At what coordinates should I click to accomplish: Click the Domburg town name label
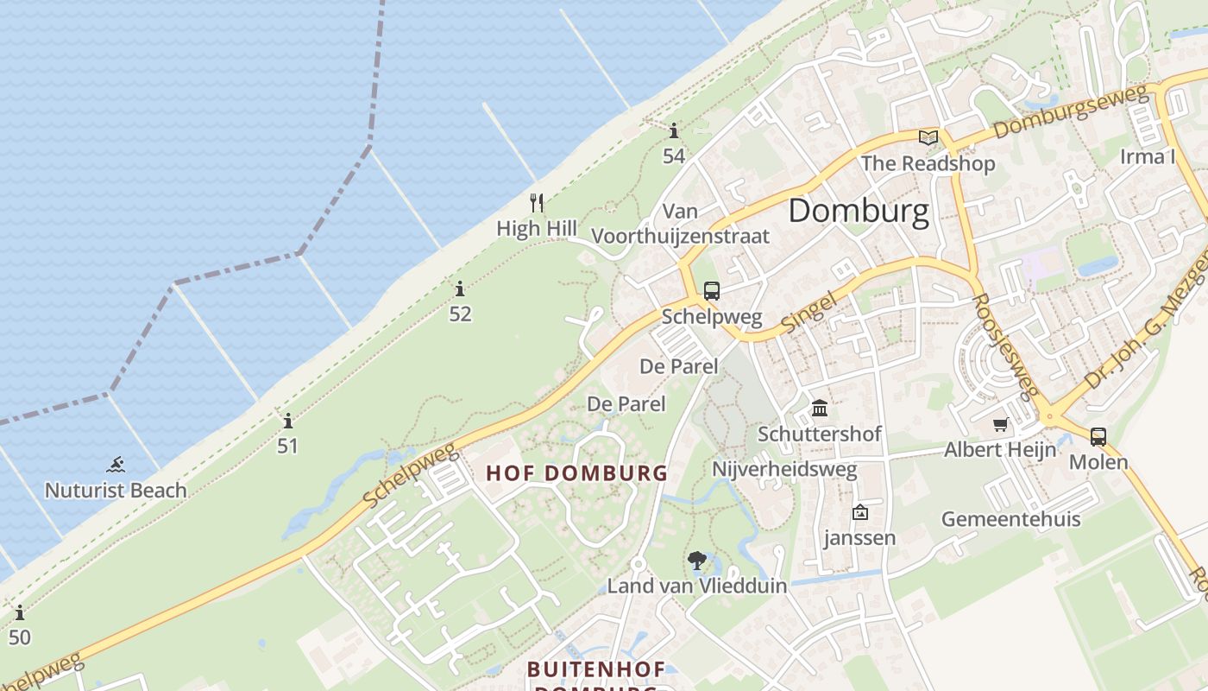(x=859, y=211)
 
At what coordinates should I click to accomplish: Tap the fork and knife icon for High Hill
(x=537, y=203)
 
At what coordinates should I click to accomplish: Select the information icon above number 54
(x=674, y=131)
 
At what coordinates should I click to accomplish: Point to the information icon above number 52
(x=460, y=288)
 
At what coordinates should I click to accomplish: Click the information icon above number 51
(x=288, y=422)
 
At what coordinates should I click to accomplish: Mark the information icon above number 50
(x=20, y=613)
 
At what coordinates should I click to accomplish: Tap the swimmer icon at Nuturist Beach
(x=116, y=466)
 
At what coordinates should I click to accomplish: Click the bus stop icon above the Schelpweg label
(x=711, y=291)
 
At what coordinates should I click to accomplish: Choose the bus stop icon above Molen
(x=1098, y=437)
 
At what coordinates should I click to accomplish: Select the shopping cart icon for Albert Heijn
(x=1000, y=425)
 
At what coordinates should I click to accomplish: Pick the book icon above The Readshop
(x=928, y=137)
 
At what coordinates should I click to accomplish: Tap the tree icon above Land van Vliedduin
(x=696, y=561)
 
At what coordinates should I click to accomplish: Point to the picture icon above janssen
(x=859, y=513)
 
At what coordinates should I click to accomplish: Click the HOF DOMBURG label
(x=576, y=473)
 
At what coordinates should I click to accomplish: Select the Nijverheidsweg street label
(x=783, y=469)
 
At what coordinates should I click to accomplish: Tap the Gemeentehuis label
(x=1010, y=519)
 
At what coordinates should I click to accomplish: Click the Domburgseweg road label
(x=1073, y=112)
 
